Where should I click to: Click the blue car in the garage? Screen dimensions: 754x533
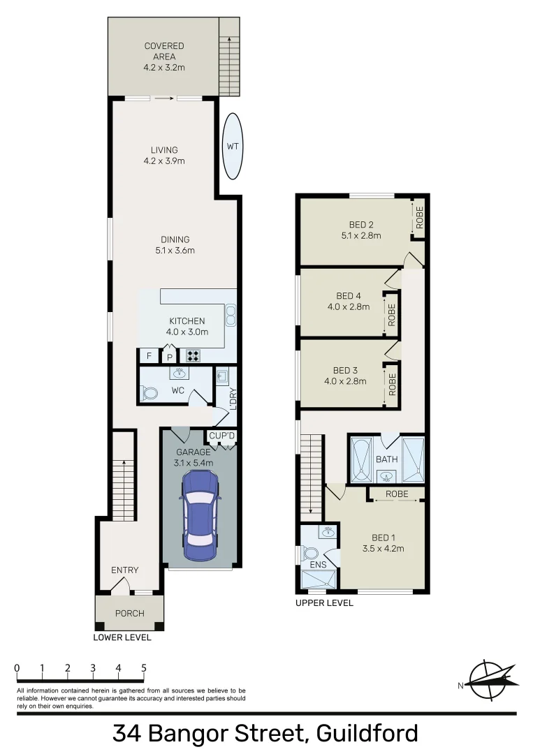pos(199,515)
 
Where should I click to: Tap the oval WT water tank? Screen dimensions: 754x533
pos(233,146)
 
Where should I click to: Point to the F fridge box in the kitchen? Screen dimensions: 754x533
pos(148,356)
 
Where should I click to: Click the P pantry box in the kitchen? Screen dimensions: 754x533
pos(169,357)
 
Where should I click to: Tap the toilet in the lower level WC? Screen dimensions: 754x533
pos(149,393)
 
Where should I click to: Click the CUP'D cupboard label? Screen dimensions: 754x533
pos(222,436)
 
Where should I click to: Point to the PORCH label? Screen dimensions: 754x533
pos(129,613)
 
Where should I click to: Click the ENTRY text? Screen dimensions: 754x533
pos(125,570)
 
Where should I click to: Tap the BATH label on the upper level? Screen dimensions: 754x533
pos(386,460)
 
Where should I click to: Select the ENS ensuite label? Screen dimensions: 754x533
pos(319,564)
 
